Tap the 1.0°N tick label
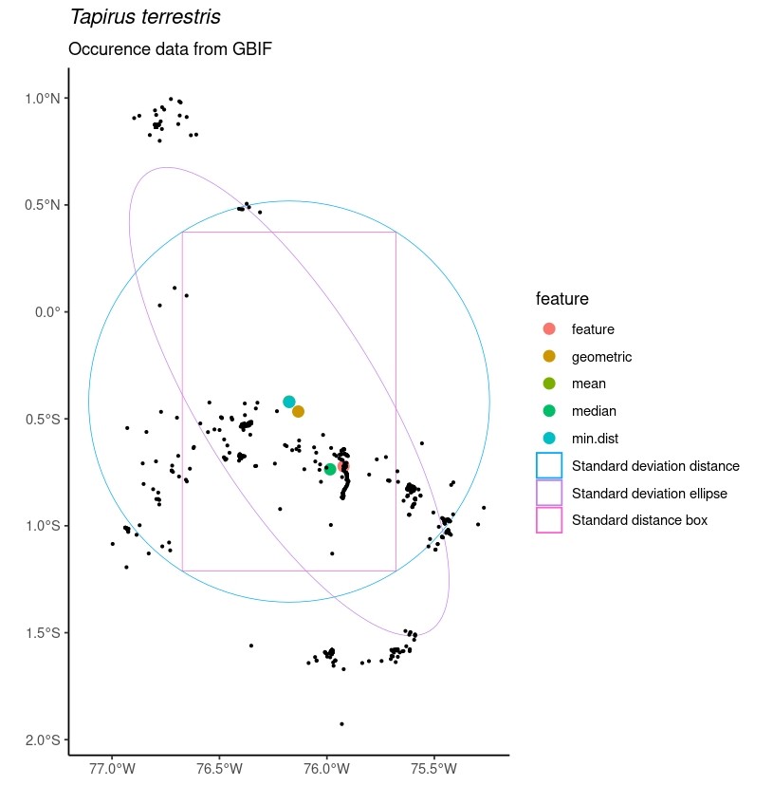tap(41, 98)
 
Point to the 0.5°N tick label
tap(41, 205)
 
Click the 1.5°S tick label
tap(41, 633)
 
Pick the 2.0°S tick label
tap(41, 740)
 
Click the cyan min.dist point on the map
tap(289, 402)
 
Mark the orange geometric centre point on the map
tap(298, 412)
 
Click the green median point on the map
tap(330, 469)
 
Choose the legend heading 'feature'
tap(562, 299)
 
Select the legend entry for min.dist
tap(597, 439)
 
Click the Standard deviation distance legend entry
tap(655, 466)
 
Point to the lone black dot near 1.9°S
tap(341, 724)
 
